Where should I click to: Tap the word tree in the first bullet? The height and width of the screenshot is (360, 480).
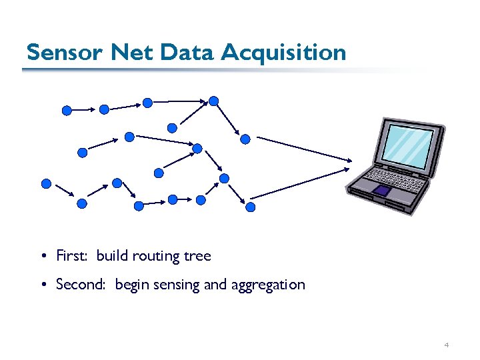pos(197,256)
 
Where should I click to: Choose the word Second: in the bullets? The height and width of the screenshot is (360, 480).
pos(82,285)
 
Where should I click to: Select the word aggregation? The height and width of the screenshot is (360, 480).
pos(268,285)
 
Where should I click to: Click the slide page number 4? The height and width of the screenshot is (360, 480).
pos(446,345)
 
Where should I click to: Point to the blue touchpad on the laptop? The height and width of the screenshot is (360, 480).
pos(382,191)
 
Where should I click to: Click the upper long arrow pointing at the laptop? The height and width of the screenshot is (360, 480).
pos(304,149)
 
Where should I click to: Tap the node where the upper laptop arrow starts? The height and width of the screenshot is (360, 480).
pos(245,139)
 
